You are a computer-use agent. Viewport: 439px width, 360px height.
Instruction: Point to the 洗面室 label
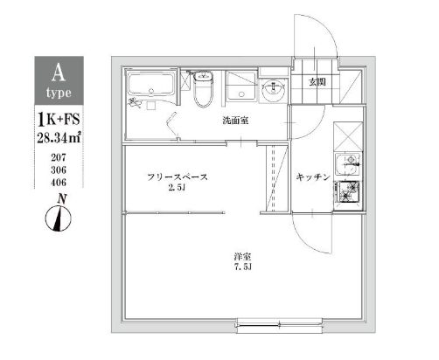point(234,121)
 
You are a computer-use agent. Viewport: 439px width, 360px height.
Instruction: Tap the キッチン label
point(312,177)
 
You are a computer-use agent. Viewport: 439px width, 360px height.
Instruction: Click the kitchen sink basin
point(349,164)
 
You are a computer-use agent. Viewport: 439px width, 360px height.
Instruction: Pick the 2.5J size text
point(178,189)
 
